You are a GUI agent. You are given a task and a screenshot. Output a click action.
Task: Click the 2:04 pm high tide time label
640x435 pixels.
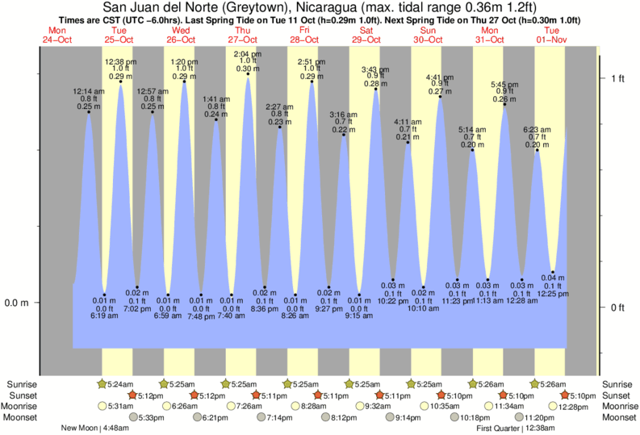coord(246,54)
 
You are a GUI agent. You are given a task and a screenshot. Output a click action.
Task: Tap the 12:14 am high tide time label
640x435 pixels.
coord(89,92)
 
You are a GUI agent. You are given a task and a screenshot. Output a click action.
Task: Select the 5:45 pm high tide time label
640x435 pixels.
coord(504,84)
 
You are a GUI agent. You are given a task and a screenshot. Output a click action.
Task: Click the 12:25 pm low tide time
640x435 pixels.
coord(553,293)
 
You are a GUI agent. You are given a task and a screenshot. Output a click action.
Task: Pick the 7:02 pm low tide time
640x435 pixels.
coord(137,307)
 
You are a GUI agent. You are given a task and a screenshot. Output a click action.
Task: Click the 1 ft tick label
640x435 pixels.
coord(618,78)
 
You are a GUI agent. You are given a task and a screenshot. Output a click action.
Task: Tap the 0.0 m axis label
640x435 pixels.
coord(18,303)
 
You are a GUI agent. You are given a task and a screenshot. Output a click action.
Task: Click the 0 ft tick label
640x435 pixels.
coord(618,307)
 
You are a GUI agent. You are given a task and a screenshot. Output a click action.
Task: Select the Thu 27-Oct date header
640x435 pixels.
coord(243,35)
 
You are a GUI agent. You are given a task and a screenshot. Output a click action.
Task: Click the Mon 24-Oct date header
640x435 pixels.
coord(57,35)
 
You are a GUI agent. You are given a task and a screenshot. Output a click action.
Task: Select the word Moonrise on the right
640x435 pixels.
coord(617,406)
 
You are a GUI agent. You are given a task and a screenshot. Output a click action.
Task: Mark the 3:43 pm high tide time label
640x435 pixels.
coord(374,69)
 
